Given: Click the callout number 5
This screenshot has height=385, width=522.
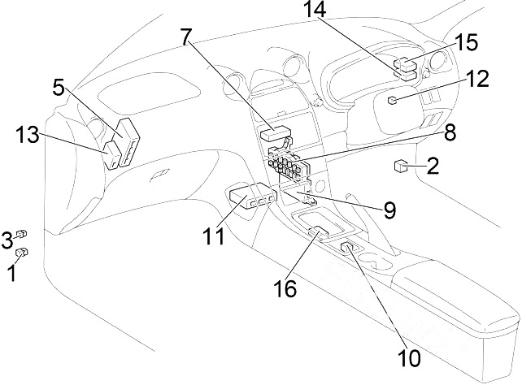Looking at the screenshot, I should pyautogui.click(x=58, y=87).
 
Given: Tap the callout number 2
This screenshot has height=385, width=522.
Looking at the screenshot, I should pyautogui.click(x=433, y=168).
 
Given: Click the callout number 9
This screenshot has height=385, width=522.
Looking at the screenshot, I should pyautogui.click(x=389, y=210).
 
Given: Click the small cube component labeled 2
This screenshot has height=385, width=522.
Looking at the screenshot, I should pyautogui.click(x=401, y=167).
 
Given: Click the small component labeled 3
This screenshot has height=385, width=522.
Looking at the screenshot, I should pyautogui.click(x=22, y=234).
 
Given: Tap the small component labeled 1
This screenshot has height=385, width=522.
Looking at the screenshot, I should pyautogui.click(x=23, y=253).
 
